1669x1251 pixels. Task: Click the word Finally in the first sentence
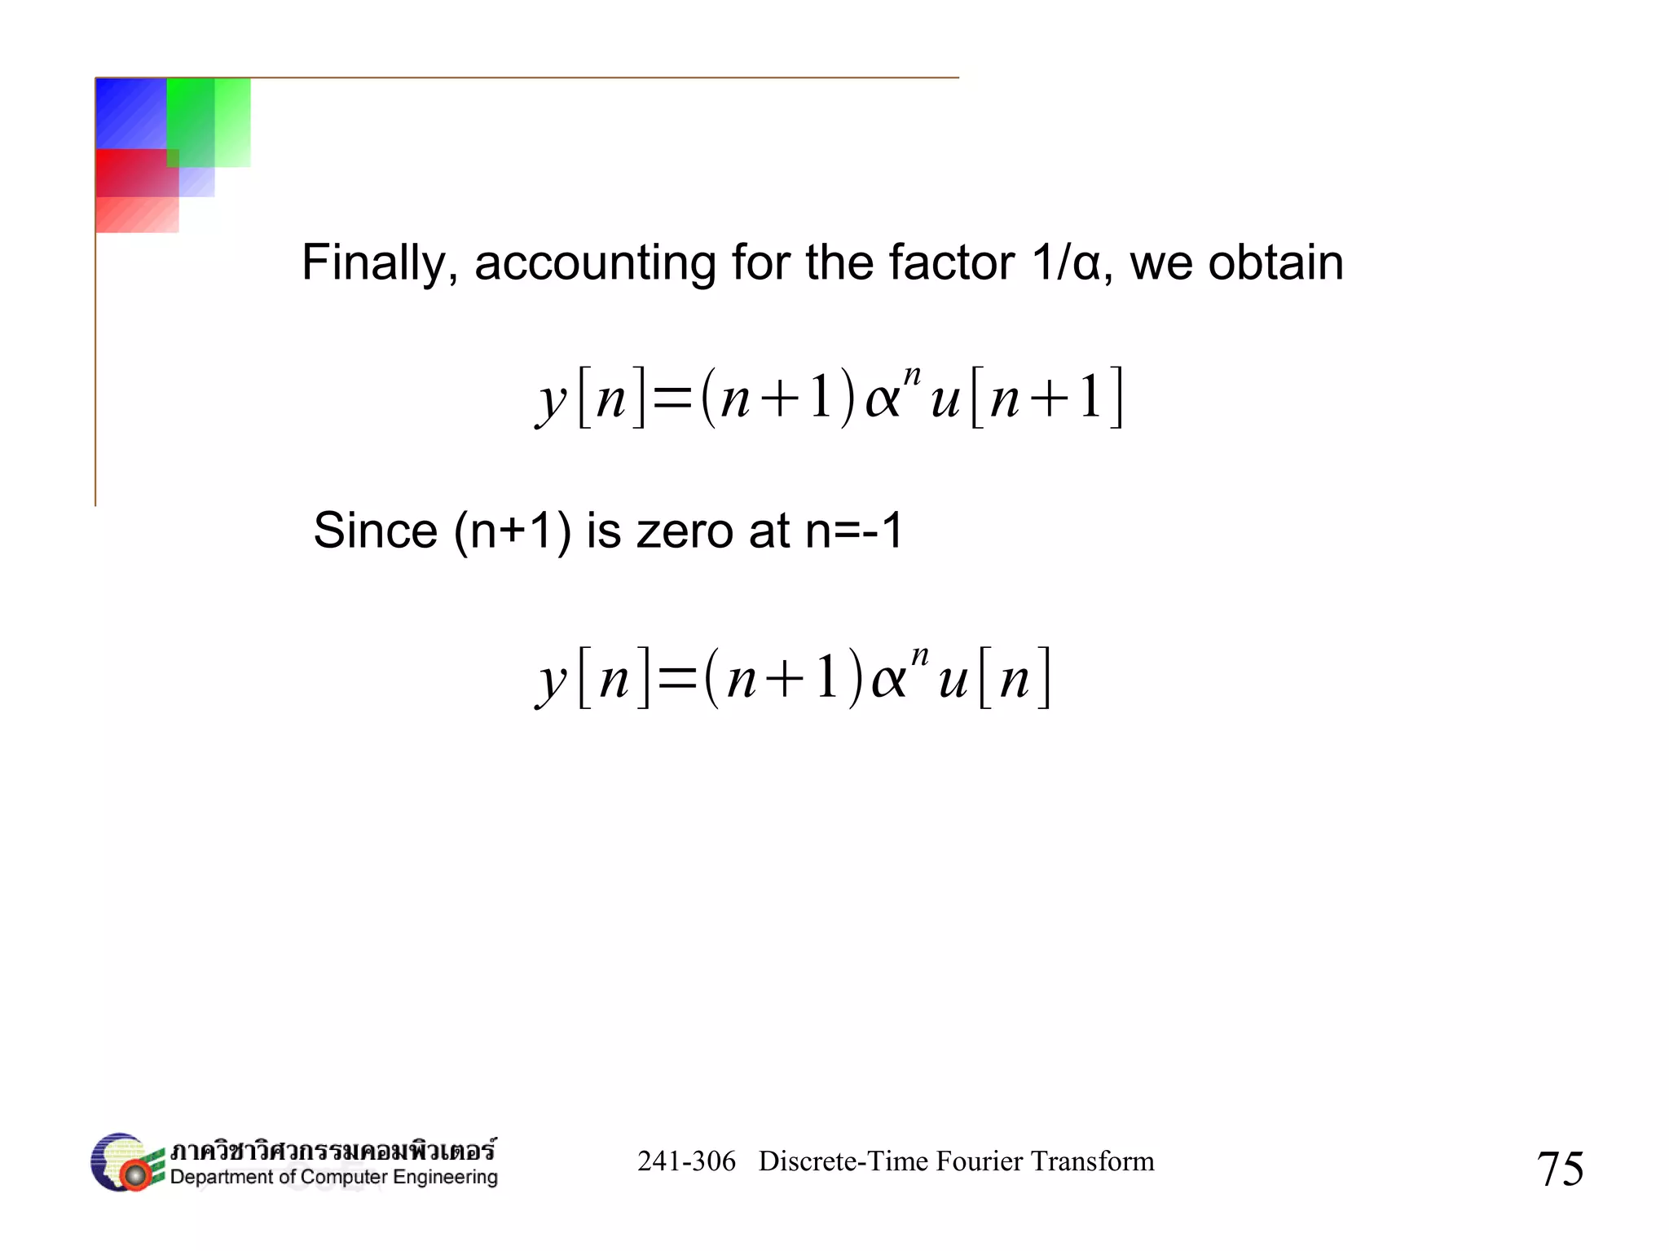click(374, 263)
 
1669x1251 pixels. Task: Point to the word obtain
click(1275, 263)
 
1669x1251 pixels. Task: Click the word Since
click(376, 531)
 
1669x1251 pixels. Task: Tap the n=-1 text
click(854, 531)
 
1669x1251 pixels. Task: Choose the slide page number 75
click(1560, 1169)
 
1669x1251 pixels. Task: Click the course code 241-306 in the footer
click(686, 1161)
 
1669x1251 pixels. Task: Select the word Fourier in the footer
click(976, 1161)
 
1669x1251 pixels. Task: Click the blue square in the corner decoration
click(130, 112)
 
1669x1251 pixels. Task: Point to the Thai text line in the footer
click(332, 1151)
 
